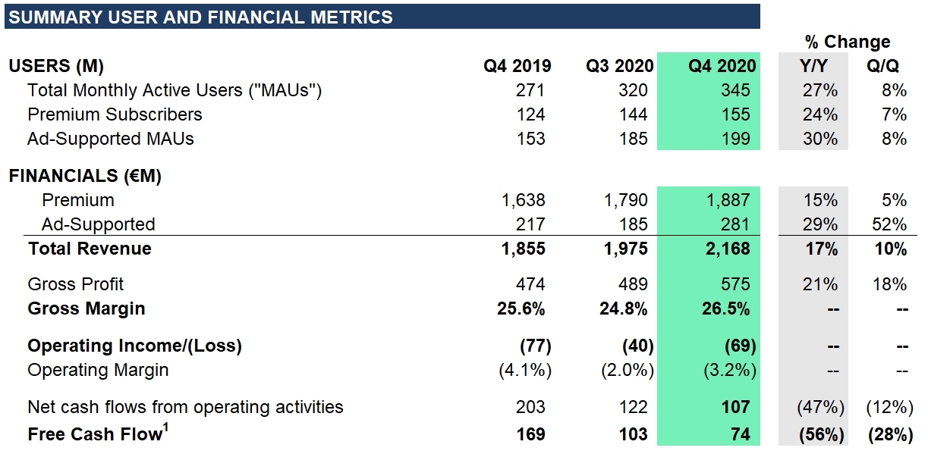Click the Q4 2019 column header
tap(517, 66)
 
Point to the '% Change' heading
tap(847, 42)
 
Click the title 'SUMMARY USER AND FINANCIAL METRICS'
tap(200, 17)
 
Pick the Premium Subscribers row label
tap(115, 114)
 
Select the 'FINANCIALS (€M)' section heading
tap(85, 176)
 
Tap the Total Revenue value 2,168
tap(728, 249)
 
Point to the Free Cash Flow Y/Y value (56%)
tap(819, 434)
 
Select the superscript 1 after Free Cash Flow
tap(166, 428)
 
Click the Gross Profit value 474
tap(530, 284)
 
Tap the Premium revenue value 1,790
tap(627, 200)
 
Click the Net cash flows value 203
tap(530, 407)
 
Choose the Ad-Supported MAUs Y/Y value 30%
tap(820, 139)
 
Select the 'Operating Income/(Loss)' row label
tap(134, 346)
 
